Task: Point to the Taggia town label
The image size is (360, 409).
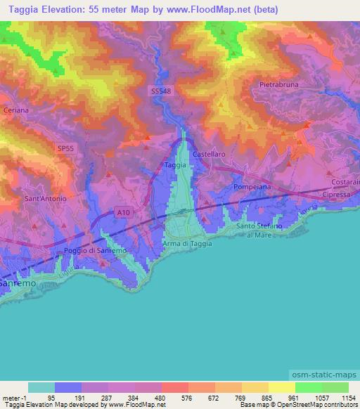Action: (175, 165)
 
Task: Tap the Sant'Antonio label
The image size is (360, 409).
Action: (46, 199)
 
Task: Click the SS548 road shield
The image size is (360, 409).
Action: (160, 91)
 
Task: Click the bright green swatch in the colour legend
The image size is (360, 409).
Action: (308, 387)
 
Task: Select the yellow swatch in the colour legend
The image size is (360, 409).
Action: (281, 387)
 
